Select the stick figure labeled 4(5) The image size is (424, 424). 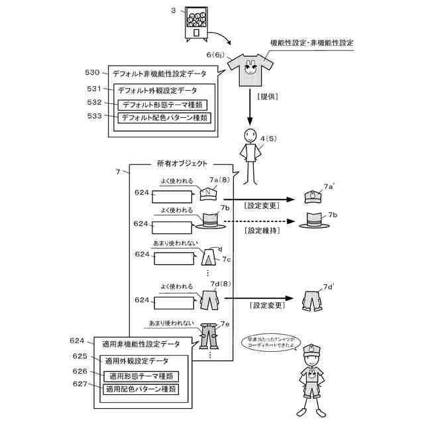pyautogui.click(x=250, y=155)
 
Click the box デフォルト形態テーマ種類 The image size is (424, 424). pyautogui.click(x=163, y=105)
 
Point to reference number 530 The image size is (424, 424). pyautogui.click(x=93, y=73)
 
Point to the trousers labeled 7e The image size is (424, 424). pyautogui.click(x=209, y=335)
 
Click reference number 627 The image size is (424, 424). pyautogui.click(x=80, y=384)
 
